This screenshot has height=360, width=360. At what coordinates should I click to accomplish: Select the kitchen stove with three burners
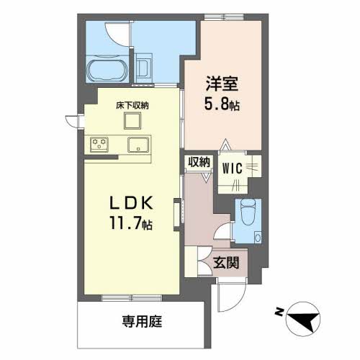click(x=101, y=145)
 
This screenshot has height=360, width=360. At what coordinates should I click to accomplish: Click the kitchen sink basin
click(x=137, y=145)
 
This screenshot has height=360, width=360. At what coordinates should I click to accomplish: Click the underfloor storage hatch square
click(x=133, y=121)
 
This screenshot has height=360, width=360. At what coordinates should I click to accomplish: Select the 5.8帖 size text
click(x=222, y=102)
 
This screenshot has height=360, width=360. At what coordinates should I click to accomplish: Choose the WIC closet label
click(x=232, y=168)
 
